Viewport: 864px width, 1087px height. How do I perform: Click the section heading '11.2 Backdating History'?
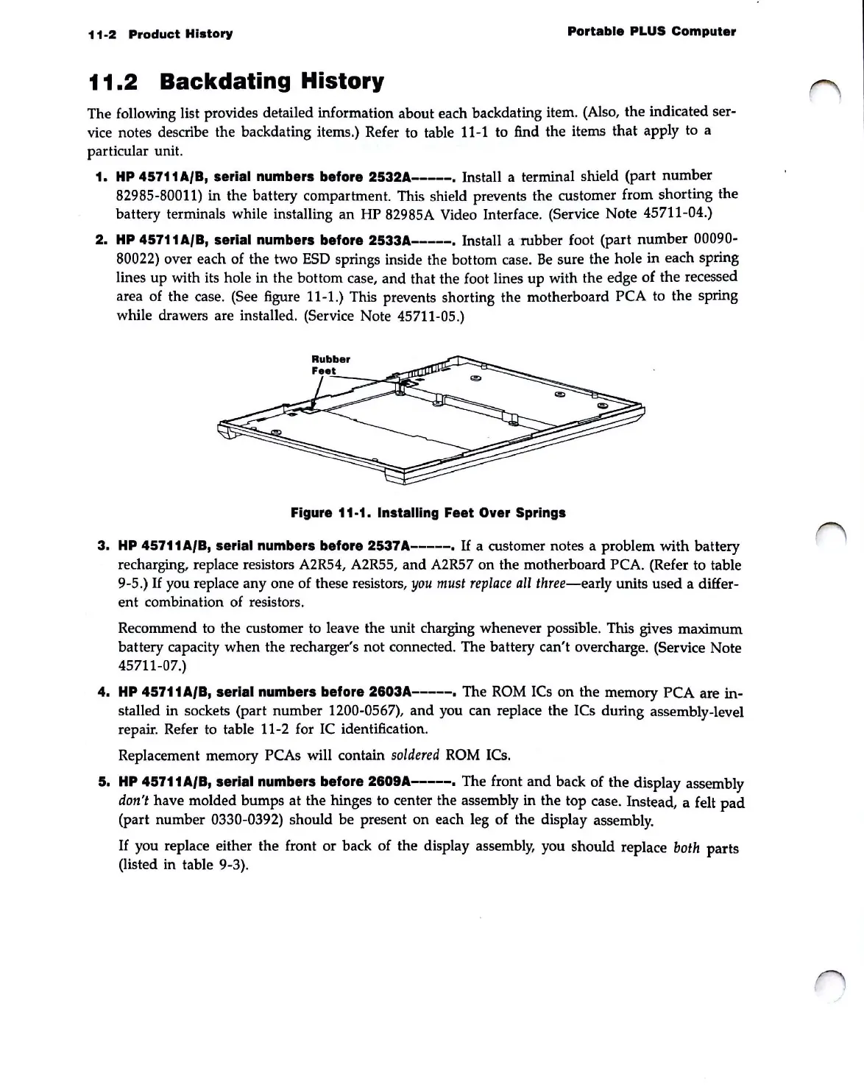[236, 81]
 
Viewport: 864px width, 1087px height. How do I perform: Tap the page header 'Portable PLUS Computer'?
[651, 32]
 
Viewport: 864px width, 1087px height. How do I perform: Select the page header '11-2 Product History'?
[160, 34]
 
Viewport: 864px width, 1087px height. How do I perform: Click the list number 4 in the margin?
[102, 693]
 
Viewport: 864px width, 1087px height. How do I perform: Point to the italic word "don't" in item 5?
[132, 801]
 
